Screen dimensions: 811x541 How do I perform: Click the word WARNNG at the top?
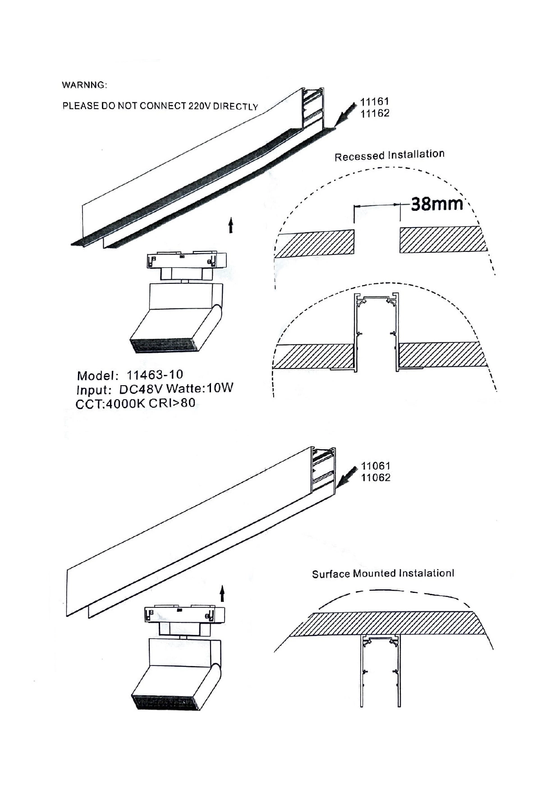(84, 85)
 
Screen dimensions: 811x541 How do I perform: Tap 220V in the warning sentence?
(200, 106)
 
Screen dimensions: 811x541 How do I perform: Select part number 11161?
(374, 102)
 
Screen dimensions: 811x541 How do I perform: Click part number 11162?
(375, 114)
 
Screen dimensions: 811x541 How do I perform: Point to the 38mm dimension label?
(437, 204)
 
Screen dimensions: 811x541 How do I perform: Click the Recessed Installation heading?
(389, 155)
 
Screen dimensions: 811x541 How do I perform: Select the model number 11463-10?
(155, 375)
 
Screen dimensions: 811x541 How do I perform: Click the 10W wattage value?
(220, 388)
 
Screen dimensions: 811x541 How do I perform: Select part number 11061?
(375, 466)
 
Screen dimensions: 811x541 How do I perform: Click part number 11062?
(376, 478)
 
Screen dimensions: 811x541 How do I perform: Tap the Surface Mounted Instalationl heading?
(383, 574)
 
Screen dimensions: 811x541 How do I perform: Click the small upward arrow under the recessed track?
(231, 225)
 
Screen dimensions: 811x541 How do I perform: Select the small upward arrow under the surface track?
(222, 593)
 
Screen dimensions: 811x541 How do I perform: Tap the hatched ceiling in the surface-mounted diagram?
(388, 624)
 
